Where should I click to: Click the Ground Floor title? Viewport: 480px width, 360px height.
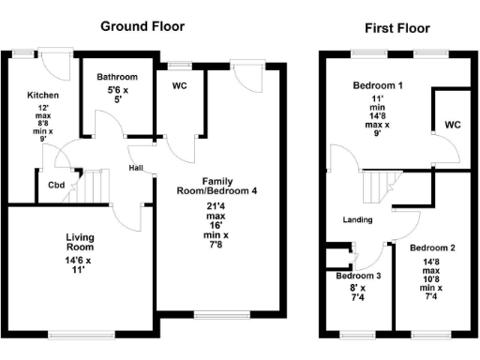click(142, 26)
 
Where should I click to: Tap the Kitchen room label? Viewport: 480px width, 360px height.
click(44, 96)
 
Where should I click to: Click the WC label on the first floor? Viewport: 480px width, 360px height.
click(453, 124)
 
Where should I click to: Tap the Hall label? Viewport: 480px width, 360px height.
click(136, 169)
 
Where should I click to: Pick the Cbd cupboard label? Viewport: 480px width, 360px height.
click(56, 185)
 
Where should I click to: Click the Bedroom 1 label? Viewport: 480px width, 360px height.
click(378, 86)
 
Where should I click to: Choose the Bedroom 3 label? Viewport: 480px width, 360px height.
click(359, 276)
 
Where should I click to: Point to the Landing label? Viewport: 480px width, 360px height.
click(358, 220)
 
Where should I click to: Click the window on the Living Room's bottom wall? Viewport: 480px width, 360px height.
click(77, 334)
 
